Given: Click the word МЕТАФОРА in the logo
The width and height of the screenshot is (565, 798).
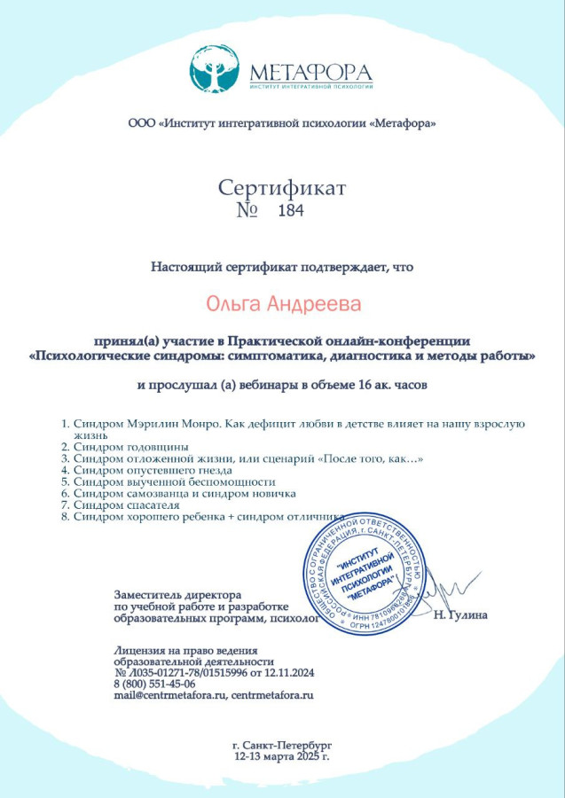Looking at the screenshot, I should coord(310,71).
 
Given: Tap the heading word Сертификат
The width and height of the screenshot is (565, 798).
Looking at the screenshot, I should coord(282,188).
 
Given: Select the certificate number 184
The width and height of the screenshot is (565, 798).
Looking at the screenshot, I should coord(290,211).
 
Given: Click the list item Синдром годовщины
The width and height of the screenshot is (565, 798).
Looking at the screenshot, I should coord(128,447).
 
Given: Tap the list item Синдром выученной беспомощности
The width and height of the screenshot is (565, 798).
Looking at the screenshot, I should coord(169,481).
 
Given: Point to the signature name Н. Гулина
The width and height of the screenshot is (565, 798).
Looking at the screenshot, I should coord(461,614).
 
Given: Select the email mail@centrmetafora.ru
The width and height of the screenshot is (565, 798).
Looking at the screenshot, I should coord(169,695).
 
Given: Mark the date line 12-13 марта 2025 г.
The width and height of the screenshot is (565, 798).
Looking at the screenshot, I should coord(281,758).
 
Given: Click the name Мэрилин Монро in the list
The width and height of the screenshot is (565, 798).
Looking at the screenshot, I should coord(173,424).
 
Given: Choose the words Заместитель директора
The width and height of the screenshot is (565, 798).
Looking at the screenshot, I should coord(177,592).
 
